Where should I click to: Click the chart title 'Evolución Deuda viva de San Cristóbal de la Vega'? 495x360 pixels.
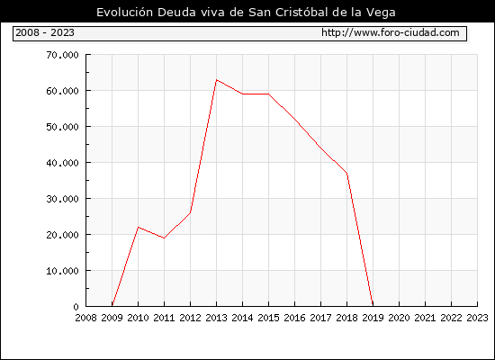point(246,13)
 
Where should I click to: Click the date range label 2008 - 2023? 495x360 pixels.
point(45,32)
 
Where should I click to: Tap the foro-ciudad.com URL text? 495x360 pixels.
point(391,32)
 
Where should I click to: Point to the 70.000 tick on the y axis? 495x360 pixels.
point(62,55)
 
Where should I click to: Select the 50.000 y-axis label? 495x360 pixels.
point(62,127)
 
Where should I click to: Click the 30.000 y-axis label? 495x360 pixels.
point(62,199)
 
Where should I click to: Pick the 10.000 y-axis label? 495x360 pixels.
point(62,271)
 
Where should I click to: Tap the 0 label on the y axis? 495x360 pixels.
point(76,307)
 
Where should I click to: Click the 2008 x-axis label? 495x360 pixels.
point(85,318)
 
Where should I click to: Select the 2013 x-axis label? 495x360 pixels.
point(216,318)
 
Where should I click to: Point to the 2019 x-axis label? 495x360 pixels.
point(373,318)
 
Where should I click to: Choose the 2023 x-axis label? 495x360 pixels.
point(477,318)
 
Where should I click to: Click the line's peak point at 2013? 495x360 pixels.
point(216,80)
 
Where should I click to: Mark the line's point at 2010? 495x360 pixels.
point(139,227)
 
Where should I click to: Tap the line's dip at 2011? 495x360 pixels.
point(164,238)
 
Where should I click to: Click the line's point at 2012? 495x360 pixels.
point(191,212)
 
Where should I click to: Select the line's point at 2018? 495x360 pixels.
point(346,173)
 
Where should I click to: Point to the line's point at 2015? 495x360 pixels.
point(269,94)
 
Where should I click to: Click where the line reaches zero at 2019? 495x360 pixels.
point(373,305)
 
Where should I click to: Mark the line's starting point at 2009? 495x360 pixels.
point(112,305)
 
